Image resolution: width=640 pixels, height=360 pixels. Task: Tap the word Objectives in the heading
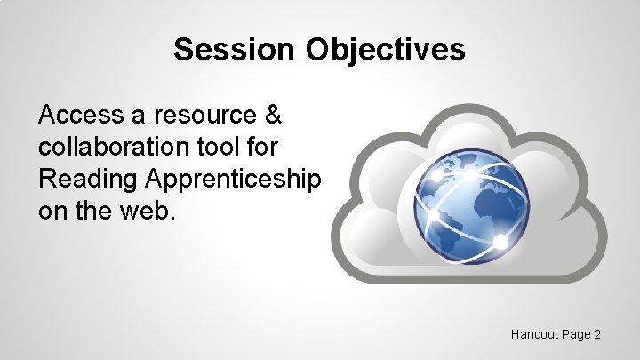[385, 50]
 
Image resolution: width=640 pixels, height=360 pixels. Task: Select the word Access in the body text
[76, 115]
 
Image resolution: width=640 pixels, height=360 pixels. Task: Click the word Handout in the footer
[534, 334]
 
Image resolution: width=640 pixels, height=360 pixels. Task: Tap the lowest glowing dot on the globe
[500, 242]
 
